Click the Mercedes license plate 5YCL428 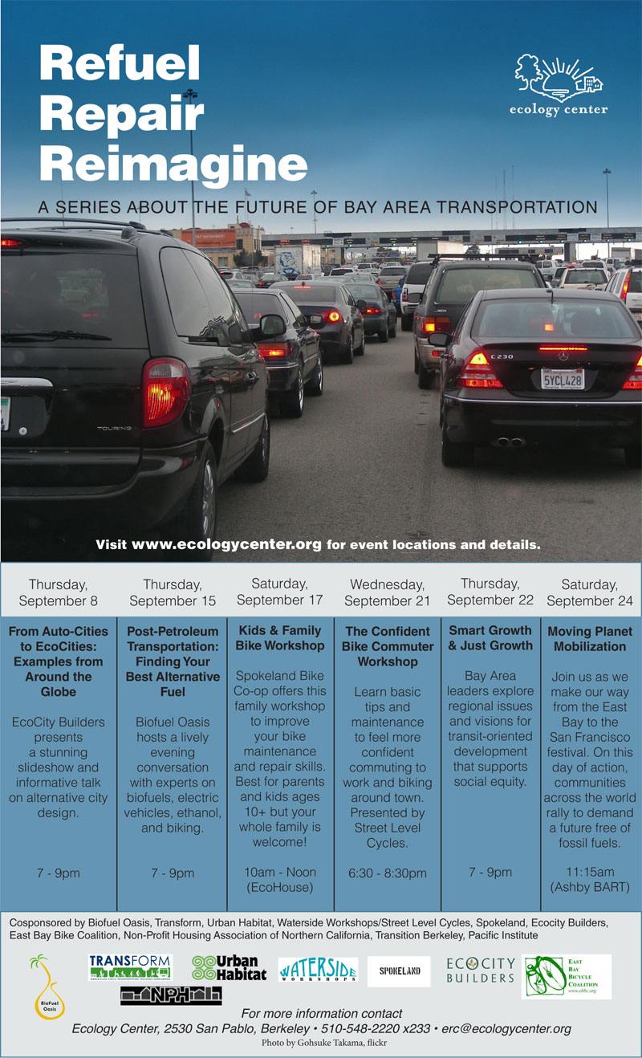tap(562, 378)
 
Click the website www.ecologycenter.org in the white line tap(226, 544)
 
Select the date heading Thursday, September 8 tap(58, 592)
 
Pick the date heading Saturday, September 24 tap(590, 592)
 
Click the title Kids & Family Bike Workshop tap(279, 638)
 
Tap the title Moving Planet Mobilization tap(590, 639)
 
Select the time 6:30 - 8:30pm tap(387, 873)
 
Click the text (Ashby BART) tap(590, 887)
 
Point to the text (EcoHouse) tap(279, 887)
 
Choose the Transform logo tap(130, 966)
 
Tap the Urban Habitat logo tap(229, 968)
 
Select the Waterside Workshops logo tap(318, 970)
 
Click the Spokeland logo tap(399, 971)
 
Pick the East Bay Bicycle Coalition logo tap(566, 976)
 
